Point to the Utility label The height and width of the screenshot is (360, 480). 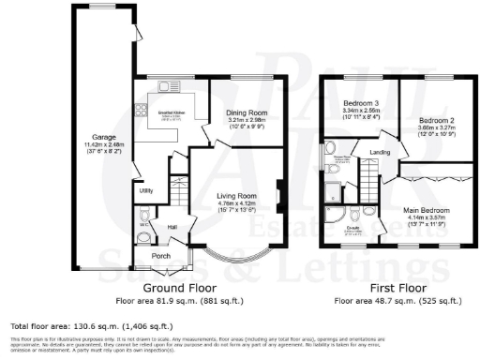(x=146, y=190)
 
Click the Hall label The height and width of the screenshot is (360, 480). (x=172, y=227)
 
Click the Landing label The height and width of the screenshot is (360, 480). (x=379, y=152)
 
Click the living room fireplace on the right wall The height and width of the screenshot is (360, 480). (x=278, y=198)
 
